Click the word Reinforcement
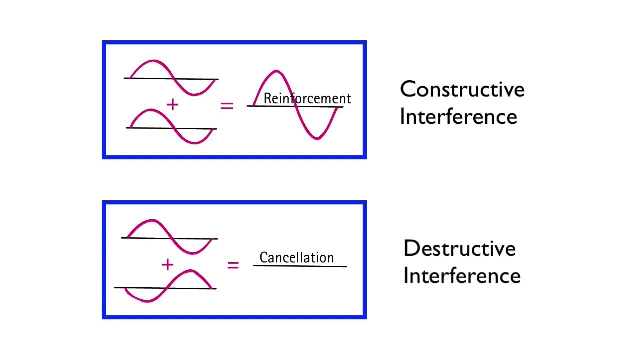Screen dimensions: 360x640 click(307, 98)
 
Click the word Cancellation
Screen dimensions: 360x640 click(296, 258)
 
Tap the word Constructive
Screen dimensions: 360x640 click(462, 89)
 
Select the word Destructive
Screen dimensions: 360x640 click(459, 248)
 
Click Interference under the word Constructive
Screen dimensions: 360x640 click(458, 117)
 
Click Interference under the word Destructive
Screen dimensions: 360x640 click(462, 276)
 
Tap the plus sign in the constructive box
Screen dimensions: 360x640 click(172, 104)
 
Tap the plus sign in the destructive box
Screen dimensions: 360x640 click(167, 265)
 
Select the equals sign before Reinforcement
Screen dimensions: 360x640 click(227, 105)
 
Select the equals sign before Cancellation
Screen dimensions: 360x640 click(233, 265)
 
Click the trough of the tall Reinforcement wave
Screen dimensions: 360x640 click(317, 138)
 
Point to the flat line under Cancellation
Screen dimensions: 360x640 click(300, 266)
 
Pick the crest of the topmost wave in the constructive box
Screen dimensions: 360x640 click(152, 61)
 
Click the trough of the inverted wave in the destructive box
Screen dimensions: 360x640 click(148, 301)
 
